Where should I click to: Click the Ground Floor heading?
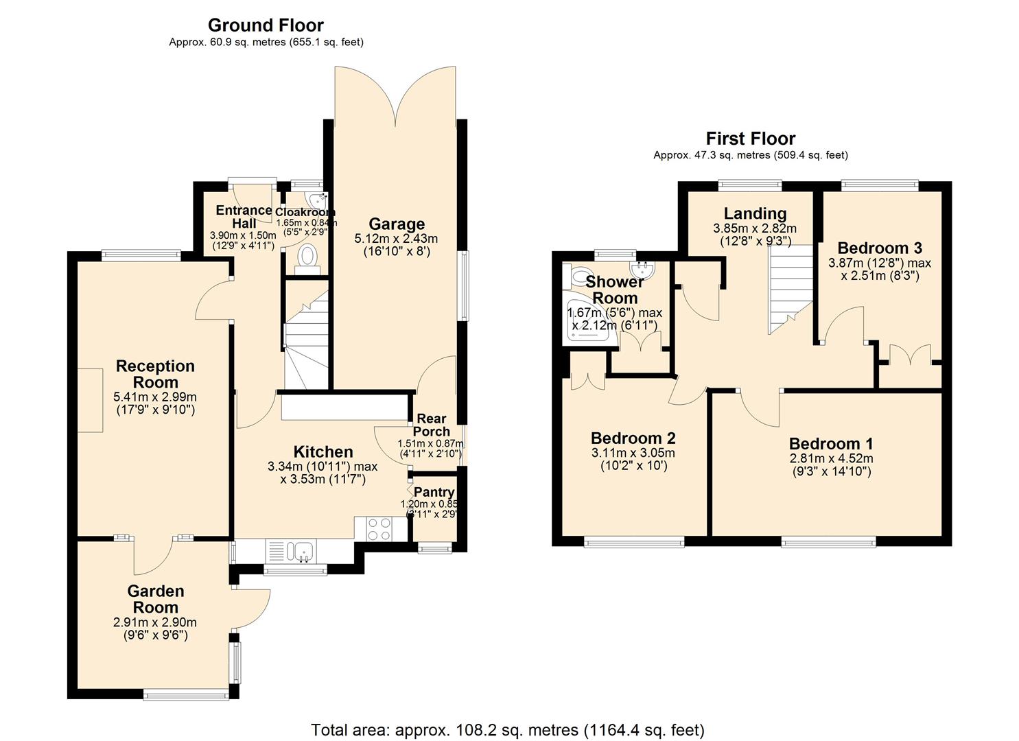[266, 25]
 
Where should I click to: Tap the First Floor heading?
[750, 139]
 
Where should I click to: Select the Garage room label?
[397, 224]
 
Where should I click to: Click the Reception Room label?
[155, 374]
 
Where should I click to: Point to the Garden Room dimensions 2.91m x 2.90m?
[155, 622]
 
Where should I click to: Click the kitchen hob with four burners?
[378, 529]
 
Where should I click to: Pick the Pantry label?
[434, 492]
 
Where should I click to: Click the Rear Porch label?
[432, 425]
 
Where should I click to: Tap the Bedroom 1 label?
[830, 443]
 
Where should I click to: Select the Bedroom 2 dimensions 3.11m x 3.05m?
[633, 453]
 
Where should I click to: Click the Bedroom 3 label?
[880, 248]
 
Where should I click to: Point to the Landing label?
[755, 213]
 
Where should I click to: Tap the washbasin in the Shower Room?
[644, 267]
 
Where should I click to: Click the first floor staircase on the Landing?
[790, 288]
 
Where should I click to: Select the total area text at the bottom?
[508, 729]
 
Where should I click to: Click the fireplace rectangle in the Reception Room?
[90, 400]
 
